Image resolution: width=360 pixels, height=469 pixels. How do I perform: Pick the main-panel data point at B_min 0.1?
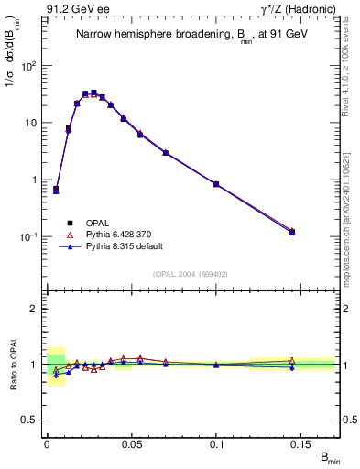216,184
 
